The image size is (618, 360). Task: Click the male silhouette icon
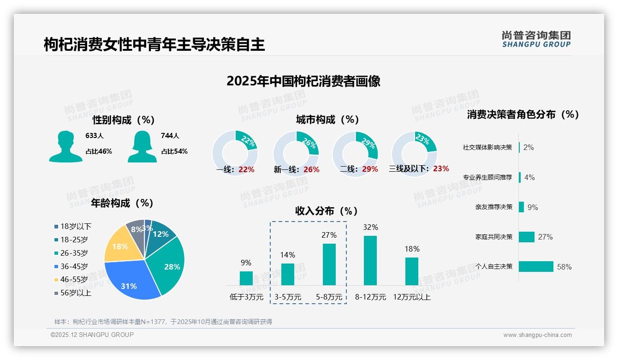65,147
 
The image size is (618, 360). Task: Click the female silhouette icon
142,147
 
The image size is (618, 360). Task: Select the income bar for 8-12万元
370,260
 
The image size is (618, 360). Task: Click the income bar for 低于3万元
246,278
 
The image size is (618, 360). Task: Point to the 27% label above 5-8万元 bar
329,235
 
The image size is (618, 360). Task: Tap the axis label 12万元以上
411,297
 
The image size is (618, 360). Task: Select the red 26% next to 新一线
311,170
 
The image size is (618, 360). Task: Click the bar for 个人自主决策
536,266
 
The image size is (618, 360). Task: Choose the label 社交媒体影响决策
487,148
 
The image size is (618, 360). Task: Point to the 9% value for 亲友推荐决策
533,208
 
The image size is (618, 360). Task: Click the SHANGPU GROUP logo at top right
536,39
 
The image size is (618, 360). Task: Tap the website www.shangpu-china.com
537,335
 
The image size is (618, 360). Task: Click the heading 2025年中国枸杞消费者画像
303,81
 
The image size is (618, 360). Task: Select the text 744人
170,136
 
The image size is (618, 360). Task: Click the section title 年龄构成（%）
122,203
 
